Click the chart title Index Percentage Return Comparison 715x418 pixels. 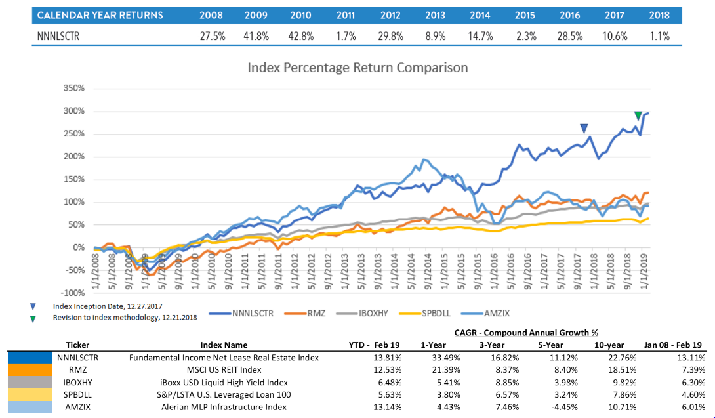click(x=357, y=67)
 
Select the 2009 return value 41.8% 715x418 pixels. click(x=256, y=37)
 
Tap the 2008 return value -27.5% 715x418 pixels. click(x=211, y=37)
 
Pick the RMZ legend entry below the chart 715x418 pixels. click(x=315, y=313)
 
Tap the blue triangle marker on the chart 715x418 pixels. click(x=584, y=129)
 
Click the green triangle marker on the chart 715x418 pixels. click(x=638, y=116)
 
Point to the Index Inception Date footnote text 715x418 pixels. click(x=107, y=306)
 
